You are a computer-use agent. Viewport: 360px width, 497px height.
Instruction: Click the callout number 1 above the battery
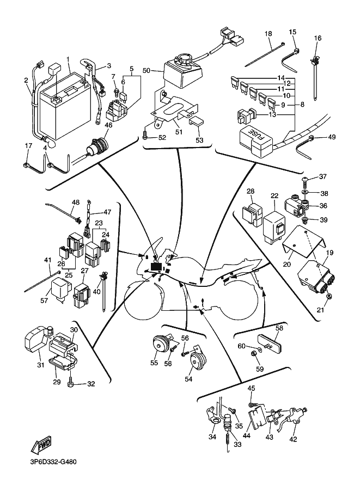click(68, 59)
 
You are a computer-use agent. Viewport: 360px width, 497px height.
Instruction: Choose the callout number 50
click(146, 71)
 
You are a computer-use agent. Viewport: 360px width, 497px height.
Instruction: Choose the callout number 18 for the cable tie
click(269, 34)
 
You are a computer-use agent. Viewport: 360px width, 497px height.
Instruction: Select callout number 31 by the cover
click(40, 365)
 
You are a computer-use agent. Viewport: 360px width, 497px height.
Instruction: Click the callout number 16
click(318, 38)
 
